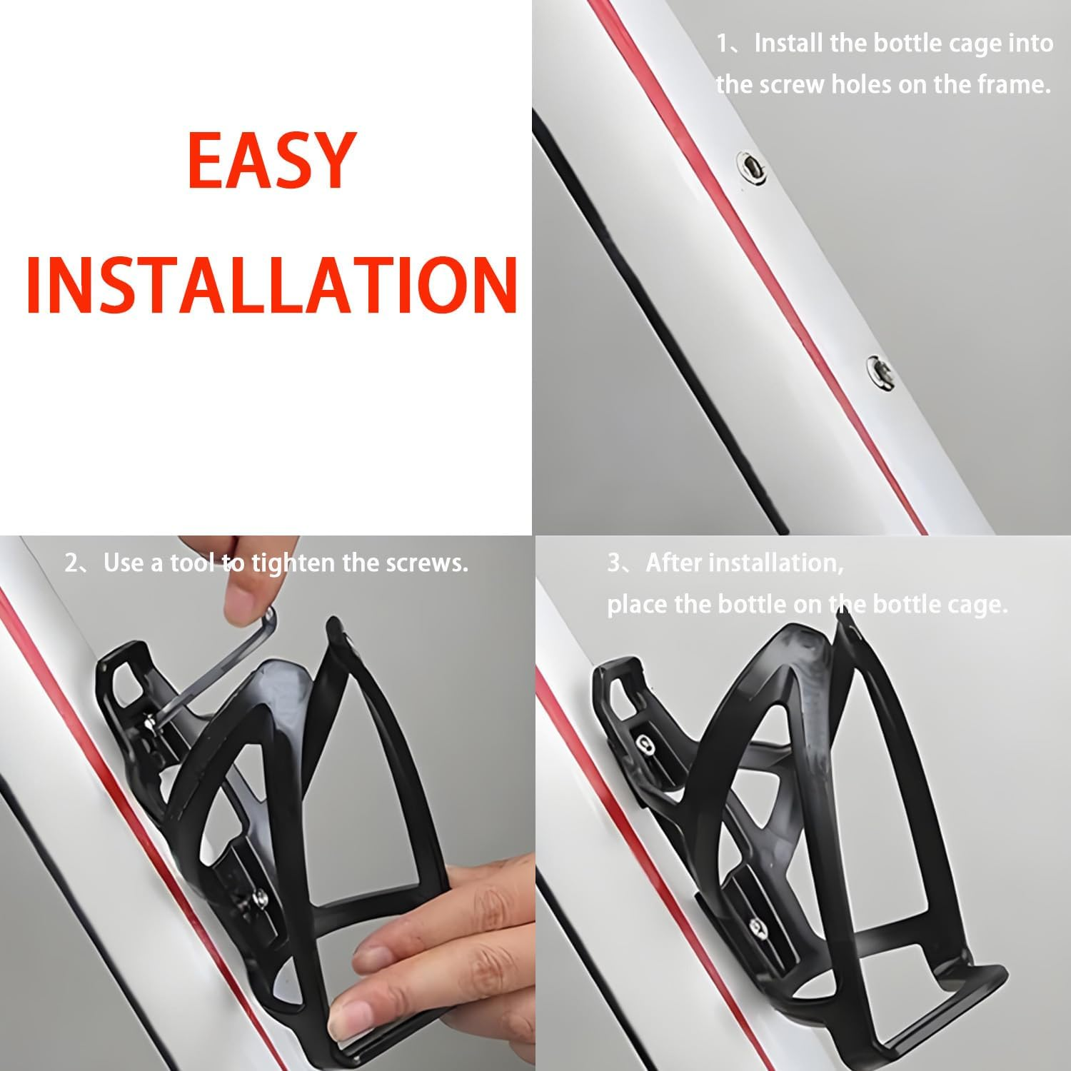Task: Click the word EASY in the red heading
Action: click(272, 161)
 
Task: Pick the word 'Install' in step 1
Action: click(789, 44)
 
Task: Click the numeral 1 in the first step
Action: click(723, 44)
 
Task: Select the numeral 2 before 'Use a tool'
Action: click(71, 563)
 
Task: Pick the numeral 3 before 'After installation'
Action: click(614, 563)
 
